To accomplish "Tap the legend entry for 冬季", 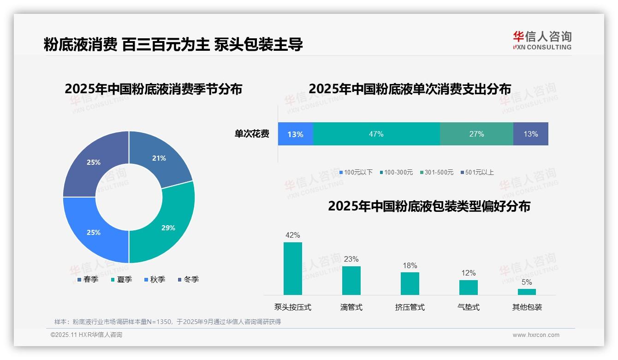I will click(x=188, y=279).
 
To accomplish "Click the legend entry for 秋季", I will click(x=154, y=279).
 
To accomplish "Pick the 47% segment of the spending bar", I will click(x=376, y=134).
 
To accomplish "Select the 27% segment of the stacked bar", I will click(x=476, y=134).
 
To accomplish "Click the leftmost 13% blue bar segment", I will click(x=296, y=134).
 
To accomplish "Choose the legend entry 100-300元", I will click(x=397, y=172).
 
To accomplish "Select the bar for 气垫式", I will click(x=468, y=287).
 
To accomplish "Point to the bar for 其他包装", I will click(x=527, y=292).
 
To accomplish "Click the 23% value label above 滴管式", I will click(x=351, y=259).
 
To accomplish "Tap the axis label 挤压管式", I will click(x=410, y=307).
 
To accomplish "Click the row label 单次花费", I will click(x=252, y=134).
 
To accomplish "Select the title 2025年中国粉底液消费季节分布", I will click(x=154, y=89).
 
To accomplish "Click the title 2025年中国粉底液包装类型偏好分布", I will click(x=429, y=206).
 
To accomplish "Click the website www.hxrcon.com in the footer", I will click(x=536, y=335).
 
